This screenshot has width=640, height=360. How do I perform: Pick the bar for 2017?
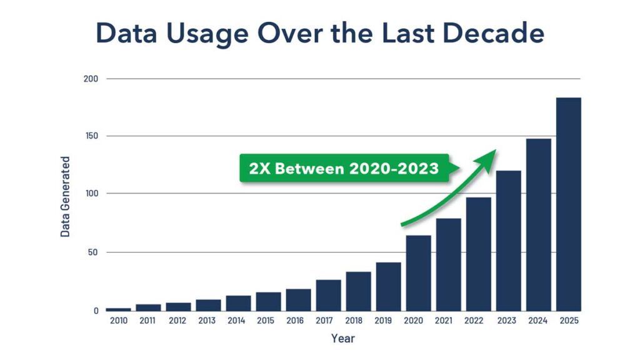coord(328,295)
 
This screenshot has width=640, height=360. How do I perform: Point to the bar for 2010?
coord(118,309)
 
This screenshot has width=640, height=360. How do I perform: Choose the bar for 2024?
coord(538,225)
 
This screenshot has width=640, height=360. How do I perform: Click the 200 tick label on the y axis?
coord(91,79)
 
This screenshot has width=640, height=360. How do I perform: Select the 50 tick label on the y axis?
coord(93,252)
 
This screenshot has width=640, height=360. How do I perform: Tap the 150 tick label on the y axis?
coord(91,136)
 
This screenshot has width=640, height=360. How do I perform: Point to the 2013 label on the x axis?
coord(208,321)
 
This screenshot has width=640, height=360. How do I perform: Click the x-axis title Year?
coord(343,339)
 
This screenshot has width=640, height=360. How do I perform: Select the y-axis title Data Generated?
coord(66,196)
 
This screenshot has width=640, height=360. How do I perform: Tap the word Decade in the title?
coord(491,34)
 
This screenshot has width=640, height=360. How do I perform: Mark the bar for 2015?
coord(268,301)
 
